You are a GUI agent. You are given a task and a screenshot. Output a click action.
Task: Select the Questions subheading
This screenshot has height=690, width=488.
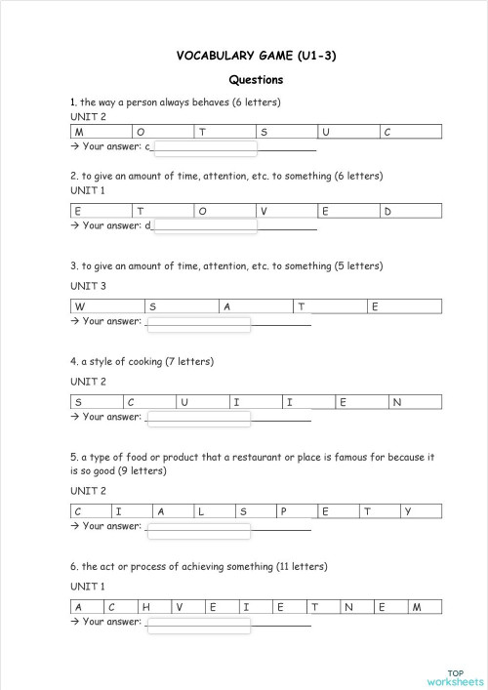(256, 80)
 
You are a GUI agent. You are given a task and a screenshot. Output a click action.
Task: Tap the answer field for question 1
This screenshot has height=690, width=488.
(205, 148)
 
